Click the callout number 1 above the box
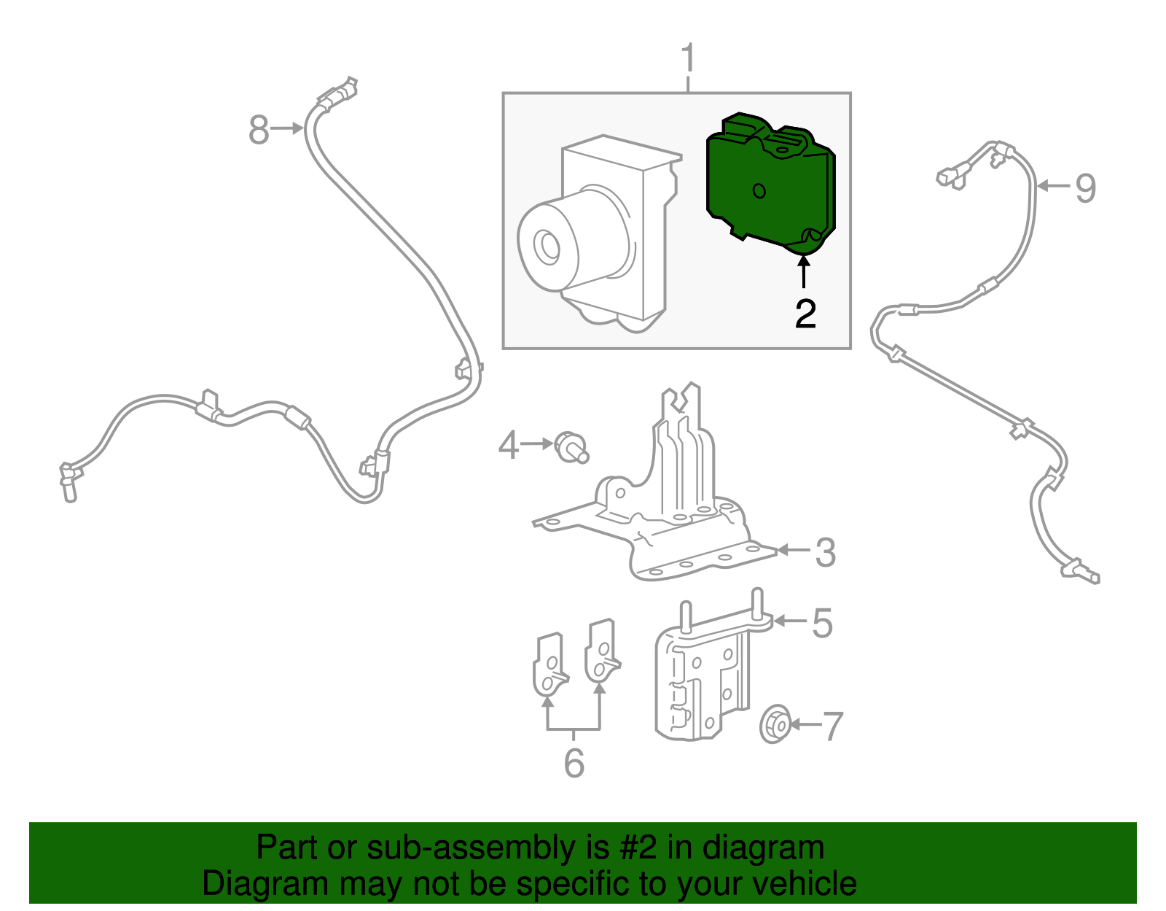tap(688, 60)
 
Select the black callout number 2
tap(805, 314)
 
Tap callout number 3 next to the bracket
tap(825, 553)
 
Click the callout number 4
tap(508, 445)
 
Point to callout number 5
tap(822, 624)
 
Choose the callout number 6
tap(574, 763)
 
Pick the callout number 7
tap(832, 726)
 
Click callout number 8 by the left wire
tap(259, 131)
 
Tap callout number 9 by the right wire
tap(1085, 188)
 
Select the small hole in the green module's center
tap(759, 191)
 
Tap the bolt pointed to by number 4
tap(571, 447)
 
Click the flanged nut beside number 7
tap(775, 724)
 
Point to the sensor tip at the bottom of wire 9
tap(1090, 578)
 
